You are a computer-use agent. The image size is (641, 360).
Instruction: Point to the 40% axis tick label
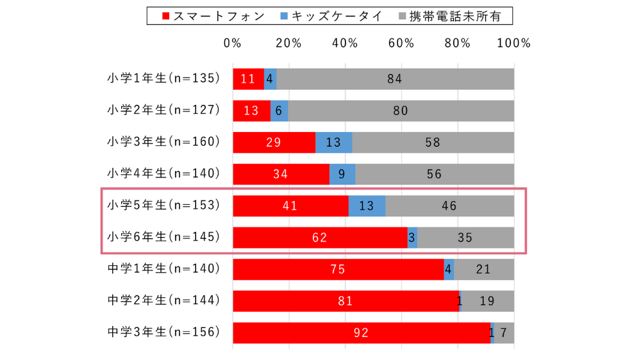point(345,44)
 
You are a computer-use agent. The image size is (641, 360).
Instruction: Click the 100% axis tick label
point(513,44)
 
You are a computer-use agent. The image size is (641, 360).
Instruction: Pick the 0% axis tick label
point(233,44)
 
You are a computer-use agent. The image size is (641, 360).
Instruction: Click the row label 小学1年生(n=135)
point(163,78)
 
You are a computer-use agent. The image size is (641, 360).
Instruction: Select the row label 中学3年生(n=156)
point(163,332)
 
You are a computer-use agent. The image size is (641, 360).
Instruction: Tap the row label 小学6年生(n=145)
point(163,237)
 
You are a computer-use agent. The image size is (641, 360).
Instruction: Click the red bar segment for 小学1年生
point(248,79)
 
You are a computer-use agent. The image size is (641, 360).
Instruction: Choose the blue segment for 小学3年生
point(333,142)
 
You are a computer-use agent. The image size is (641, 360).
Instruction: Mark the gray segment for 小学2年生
point(401,110)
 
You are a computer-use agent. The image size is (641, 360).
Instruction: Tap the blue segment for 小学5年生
point(367,206)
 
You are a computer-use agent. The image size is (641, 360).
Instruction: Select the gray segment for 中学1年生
point(483,269)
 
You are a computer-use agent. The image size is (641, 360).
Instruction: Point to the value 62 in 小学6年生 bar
point(320,238)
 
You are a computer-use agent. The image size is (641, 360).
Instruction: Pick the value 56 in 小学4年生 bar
point(434,174)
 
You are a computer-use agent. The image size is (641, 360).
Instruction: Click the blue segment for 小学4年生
point(342,174)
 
